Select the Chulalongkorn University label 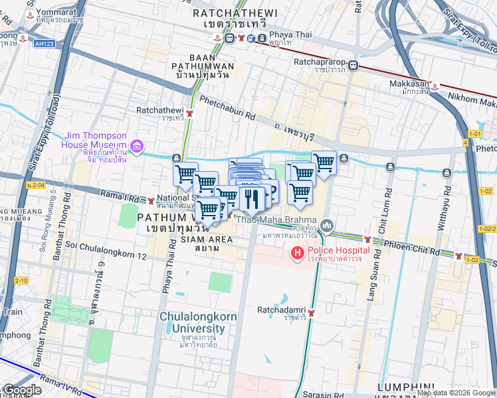click(x=197, y=322)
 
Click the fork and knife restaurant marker click(x=252, y=198)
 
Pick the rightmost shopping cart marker click(x=324, y=163)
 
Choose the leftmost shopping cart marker click(x=185, y=174)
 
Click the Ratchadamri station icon click(x=310, y=313)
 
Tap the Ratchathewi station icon click(x=190, y=113)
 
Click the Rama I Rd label click(x=120, y=196)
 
